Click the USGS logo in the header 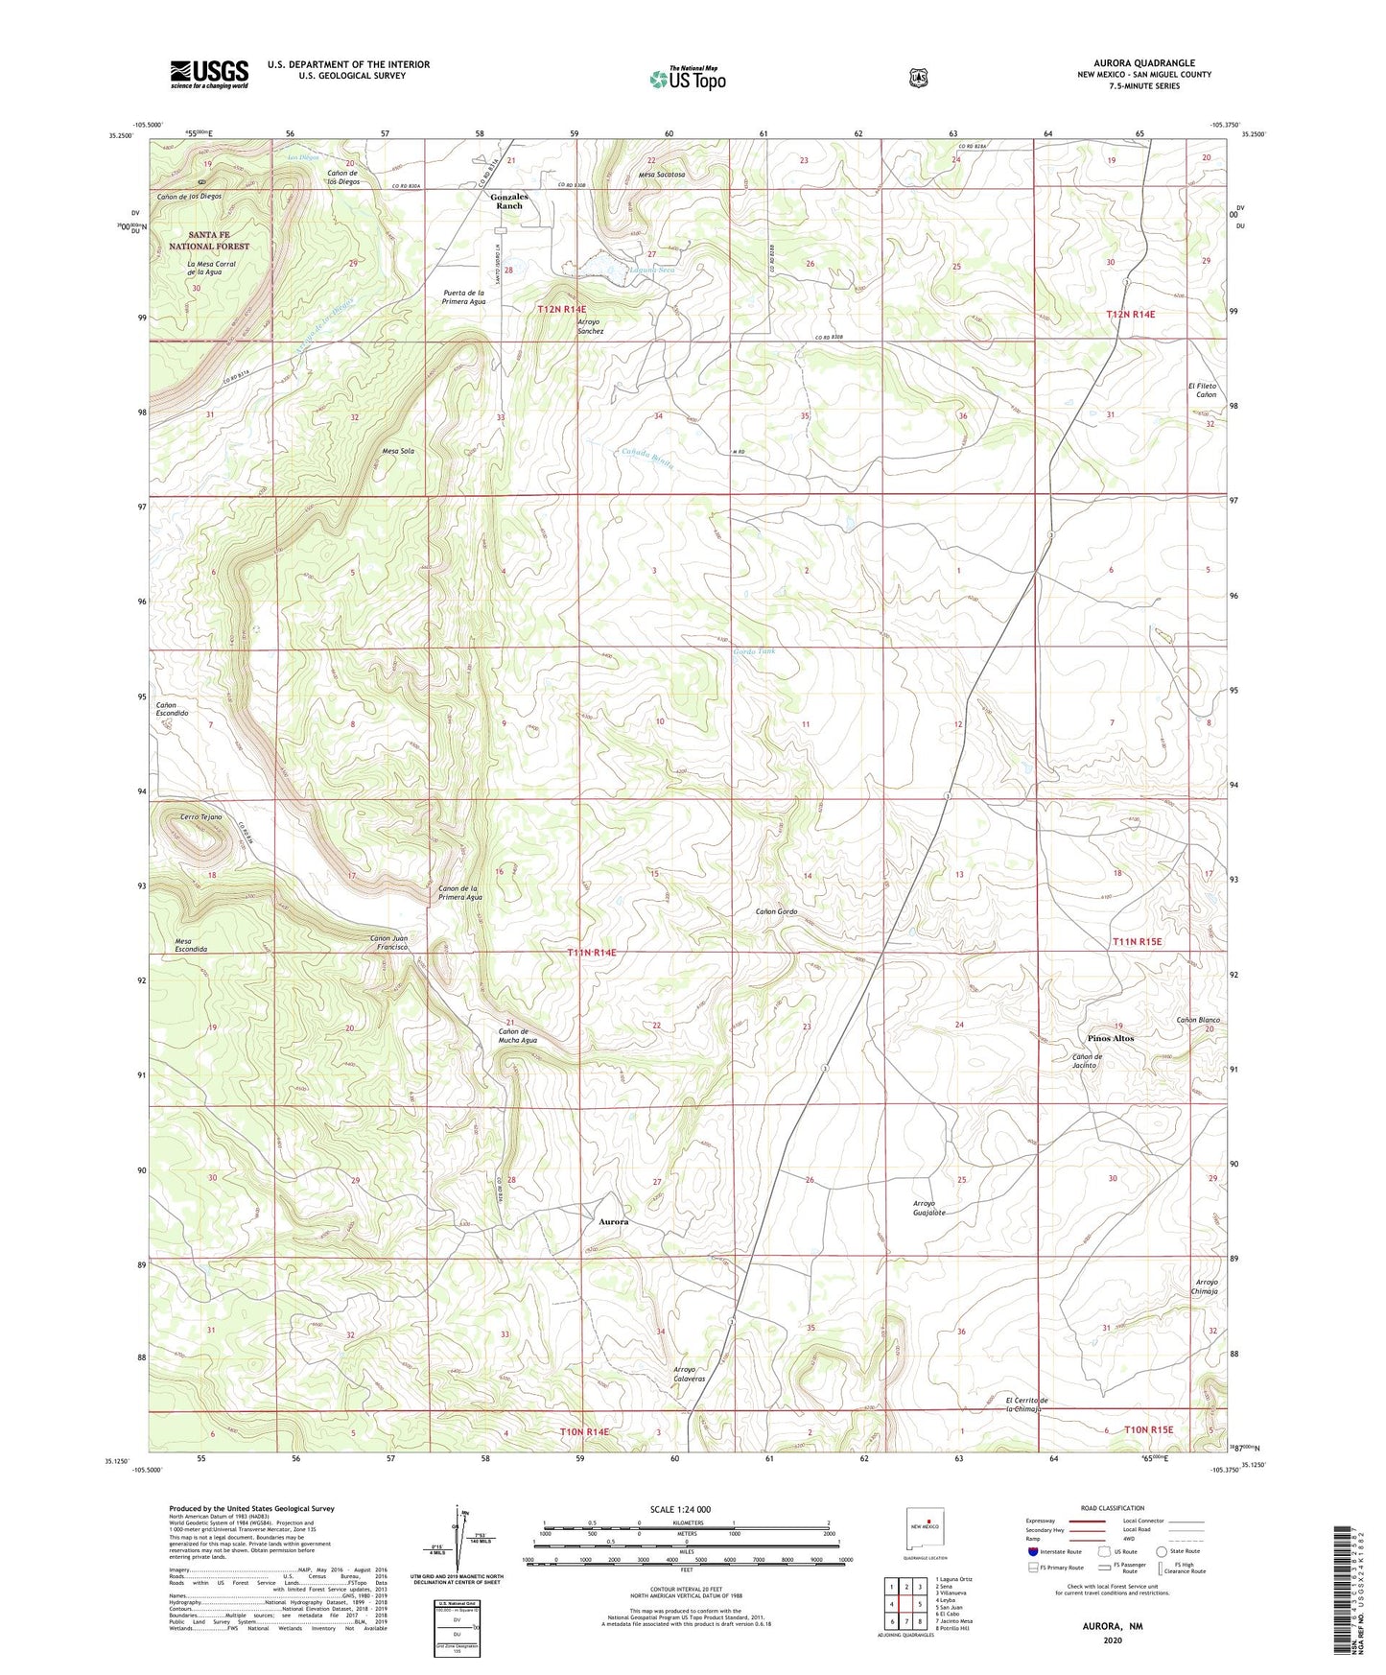point(209,74)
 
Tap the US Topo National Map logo point(687,79)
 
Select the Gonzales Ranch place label point(509,201)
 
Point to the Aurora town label point(614,1222)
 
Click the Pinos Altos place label point(1111,1038)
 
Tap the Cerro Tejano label point(201,816)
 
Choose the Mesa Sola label point(398,450)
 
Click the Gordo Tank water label point(754,651)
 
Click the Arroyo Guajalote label point(928,1208)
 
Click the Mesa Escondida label point(191,945)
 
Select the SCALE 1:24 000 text point(680,1509)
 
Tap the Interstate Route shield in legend point(1032,1551)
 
